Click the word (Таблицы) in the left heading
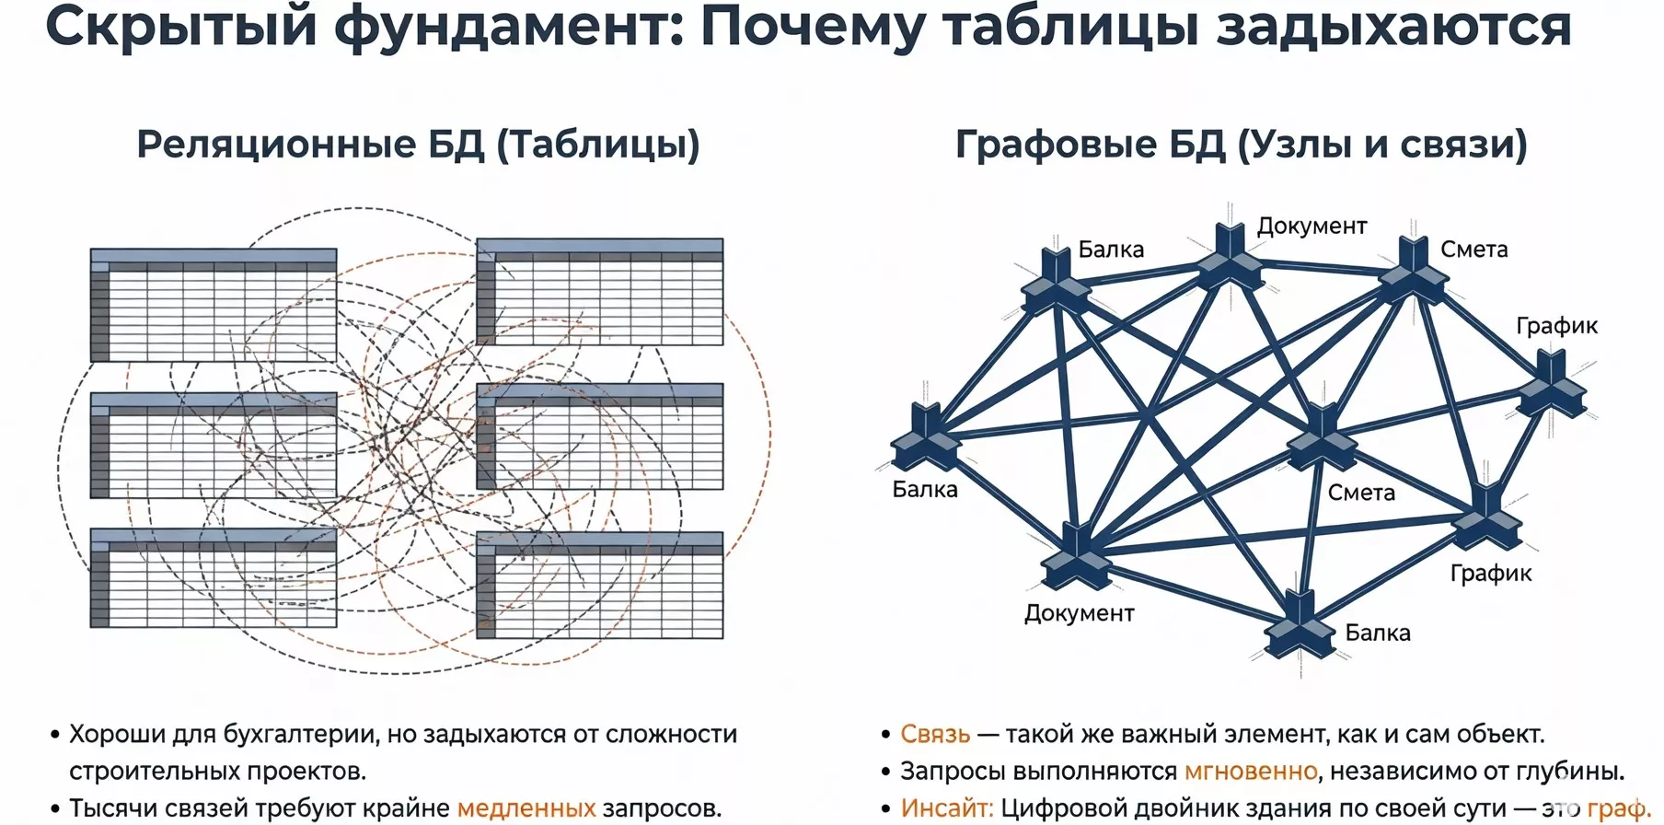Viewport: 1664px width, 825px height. click(599, 145)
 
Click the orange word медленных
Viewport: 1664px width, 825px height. click(526, 808)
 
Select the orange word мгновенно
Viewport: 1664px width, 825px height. click(1251, 771)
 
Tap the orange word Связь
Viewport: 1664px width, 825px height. click(935, 734)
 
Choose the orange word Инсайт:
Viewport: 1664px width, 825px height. click(947, 808)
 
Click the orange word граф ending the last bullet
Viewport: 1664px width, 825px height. click(1616, 808)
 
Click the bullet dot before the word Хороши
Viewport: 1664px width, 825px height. click(55, 735)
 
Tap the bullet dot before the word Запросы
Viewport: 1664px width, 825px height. click(886, 772)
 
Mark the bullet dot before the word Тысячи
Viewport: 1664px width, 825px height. click(55, 808)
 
